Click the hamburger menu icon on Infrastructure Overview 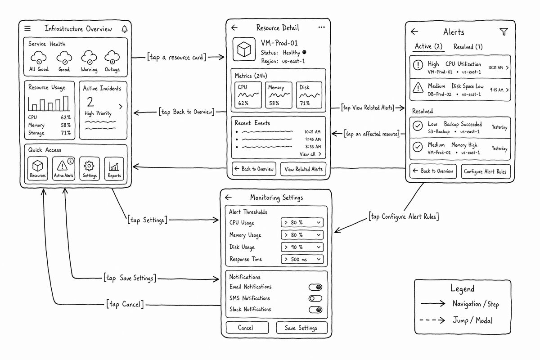[x=27, y=28]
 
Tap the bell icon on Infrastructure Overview [x=124, y=29]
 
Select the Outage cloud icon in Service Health [x=112, y=57]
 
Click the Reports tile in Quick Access [x=114, y=168]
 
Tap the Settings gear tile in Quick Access [x=90, y=168]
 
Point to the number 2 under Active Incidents [x=90, y=102]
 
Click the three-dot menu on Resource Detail [x=322, y=27]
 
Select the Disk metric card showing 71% [x=309, y=95]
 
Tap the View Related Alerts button [x=303, y=169]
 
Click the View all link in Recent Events [x=310, y=154]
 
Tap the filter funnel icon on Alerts [x=504, y=32]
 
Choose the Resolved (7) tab [x=468, y=46]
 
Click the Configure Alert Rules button [x=486, y=171]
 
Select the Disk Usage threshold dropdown [x=302, y=247]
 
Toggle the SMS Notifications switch [x=315, y=298]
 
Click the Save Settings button [x=301, y=328]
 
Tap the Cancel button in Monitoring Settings [x=247, y=328]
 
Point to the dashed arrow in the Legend [x=432, y=320]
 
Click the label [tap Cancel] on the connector [x=125, y=304]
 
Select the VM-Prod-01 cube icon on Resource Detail [x=244, y=49]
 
